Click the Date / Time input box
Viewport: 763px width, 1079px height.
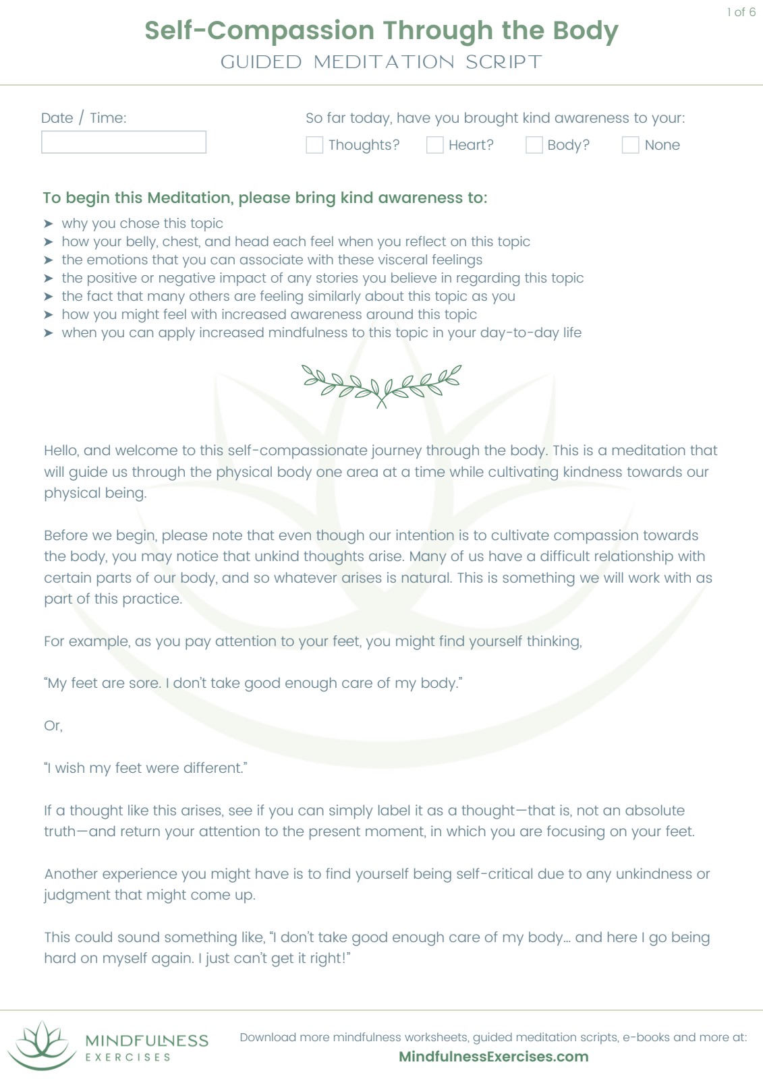click(123, 142)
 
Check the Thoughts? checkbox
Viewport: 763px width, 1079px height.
click(314, 145)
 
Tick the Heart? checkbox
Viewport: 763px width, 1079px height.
click(435, 145)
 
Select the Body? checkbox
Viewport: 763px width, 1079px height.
click(534, 145)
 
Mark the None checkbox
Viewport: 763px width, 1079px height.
click(630, 145)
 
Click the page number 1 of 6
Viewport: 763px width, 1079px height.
click(741, 12)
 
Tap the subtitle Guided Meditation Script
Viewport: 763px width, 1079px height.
click(381, 62)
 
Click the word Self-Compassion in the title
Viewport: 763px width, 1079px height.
click(259, 30)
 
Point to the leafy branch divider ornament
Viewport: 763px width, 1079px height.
click(381, 385)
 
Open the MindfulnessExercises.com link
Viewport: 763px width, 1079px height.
click(493, 1057)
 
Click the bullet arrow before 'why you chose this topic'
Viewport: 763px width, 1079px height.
click(49, 224)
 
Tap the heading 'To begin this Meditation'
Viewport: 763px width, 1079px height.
click(264, 198)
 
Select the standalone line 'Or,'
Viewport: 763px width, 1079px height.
click(53, 726)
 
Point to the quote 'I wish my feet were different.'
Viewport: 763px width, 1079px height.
click(146, 768)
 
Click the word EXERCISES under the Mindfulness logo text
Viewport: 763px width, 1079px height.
click(128, 1057)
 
